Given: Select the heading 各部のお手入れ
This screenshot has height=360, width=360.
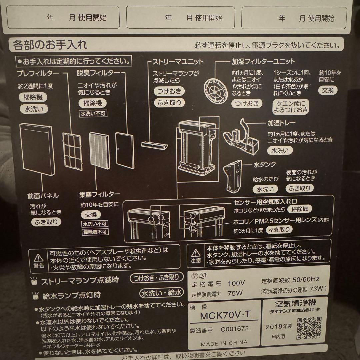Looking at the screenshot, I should click(50, 44).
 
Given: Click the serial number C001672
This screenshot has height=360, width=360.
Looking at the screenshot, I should click(234, 328).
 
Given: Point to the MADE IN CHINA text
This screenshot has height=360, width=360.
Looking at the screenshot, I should click(224, 343).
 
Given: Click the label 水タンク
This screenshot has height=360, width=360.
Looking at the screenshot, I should click(265, 164).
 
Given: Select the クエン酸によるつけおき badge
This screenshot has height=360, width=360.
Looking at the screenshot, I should click(290, 106).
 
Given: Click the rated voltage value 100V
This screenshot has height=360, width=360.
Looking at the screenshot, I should click(236, 284).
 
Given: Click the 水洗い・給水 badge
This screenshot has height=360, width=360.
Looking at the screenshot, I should click(161, 293).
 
